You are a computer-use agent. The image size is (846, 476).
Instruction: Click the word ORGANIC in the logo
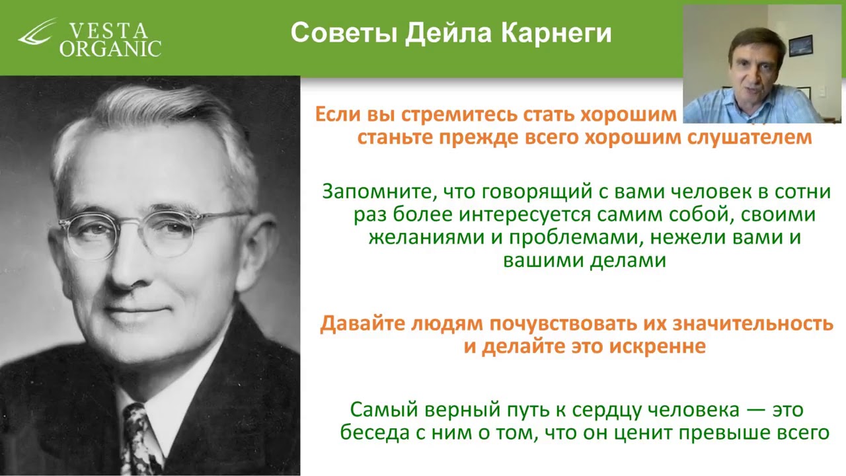(x=110, y=49)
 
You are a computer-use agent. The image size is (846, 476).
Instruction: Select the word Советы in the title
(x=342, y=33)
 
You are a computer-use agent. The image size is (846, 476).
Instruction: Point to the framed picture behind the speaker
(x=800, y=45)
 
